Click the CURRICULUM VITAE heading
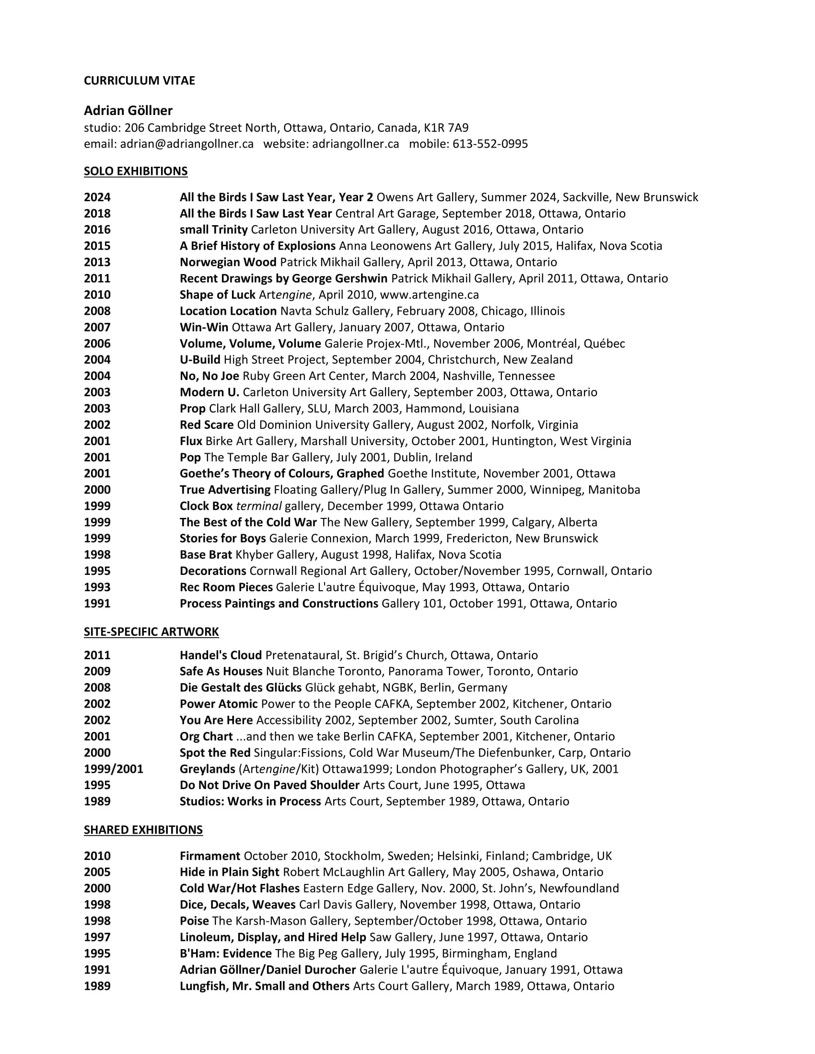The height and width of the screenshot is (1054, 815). [139, 80]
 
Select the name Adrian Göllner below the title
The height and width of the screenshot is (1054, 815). [128, 111]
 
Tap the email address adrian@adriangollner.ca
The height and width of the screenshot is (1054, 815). [187, 144]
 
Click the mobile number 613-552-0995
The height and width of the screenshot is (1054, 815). [489, 144]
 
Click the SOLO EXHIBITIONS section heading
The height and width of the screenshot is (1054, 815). [136, 172]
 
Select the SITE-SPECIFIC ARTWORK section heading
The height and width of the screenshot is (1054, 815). [151, 632]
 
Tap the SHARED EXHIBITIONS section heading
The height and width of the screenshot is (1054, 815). [143, 830]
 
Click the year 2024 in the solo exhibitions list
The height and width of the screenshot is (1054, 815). [97, 197]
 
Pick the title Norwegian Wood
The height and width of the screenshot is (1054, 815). [228, 262]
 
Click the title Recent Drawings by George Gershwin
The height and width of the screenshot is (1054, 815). [283, 278]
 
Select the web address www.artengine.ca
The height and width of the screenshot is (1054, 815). [429, 295]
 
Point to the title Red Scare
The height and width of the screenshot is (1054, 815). [207, 424]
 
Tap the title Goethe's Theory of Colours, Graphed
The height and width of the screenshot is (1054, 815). [281, 473]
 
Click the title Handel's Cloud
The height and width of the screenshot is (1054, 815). [221, 655]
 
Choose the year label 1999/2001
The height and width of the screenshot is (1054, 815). [114, 769]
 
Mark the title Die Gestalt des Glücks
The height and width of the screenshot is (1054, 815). [241, 687]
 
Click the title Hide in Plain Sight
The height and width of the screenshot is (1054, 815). [229, 872]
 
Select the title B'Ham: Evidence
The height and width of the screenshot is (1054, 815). [225, 953]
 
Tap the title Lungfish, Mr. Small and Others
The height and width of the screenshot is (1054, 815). [264, 986]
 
